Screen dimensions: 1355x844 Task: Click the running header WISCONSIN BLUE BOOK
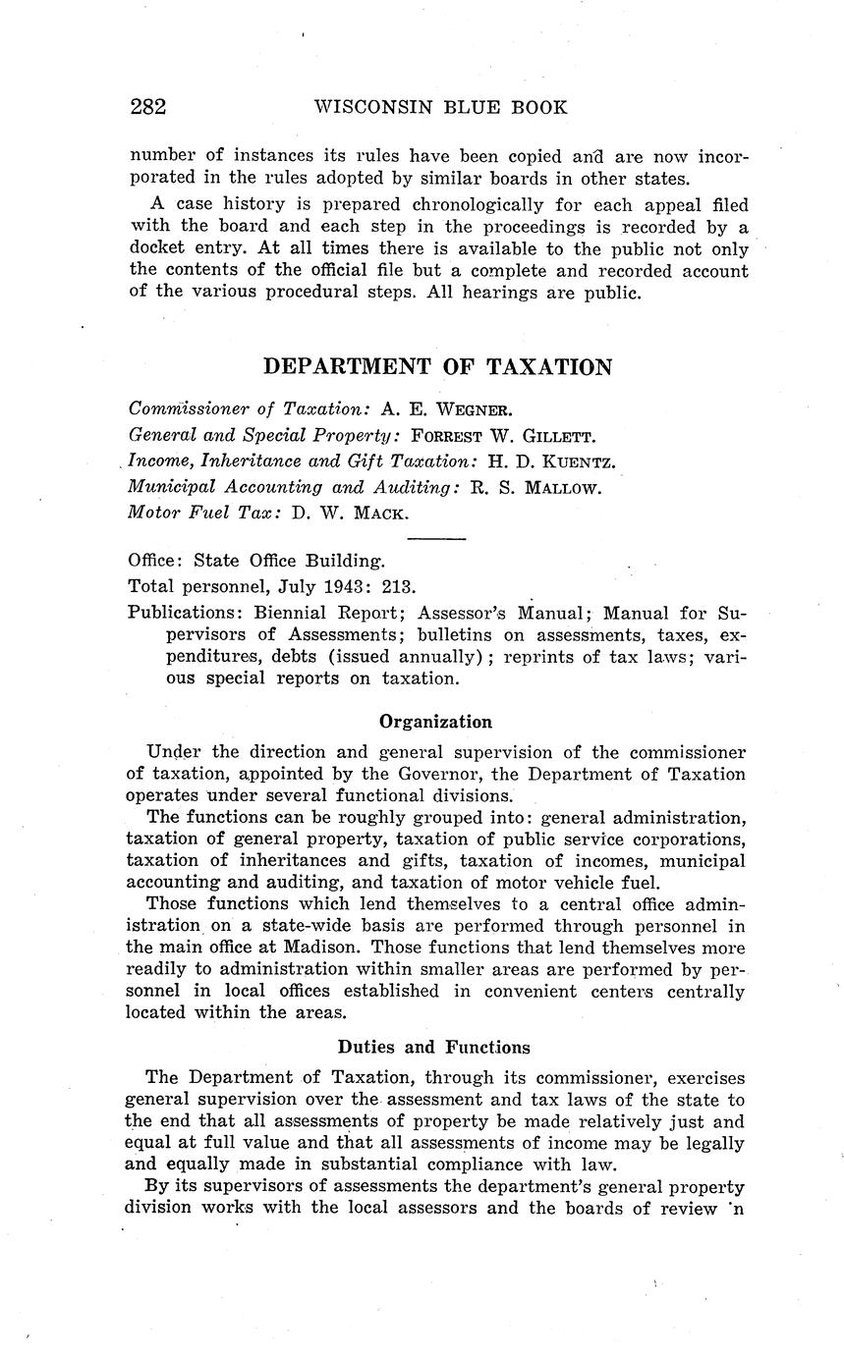(x=440, y=107)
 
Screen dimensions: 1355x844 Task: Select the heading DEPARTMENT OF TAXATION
(x=437, y=367)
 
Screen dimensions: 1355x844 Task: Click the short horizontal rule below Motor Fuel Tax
(x=435, y=539)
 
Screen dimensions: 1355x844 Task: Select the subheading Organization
(x=435, y=722)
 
